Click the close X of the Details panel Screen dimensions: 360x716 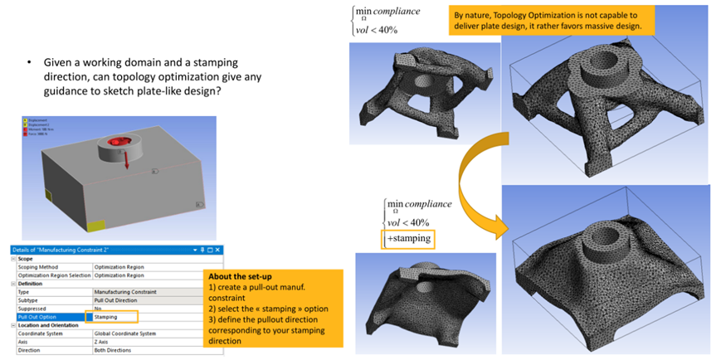[220, 250]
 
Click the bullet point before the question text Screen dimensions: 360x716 [28, 63]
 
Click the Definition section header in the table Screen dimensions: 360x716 [28, 283]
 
